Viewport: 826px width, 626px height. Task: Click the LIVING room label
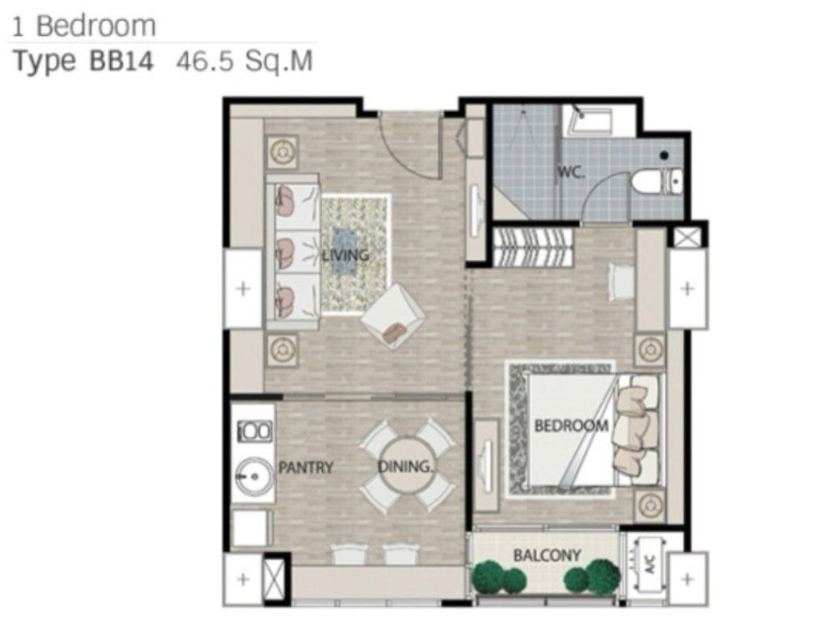[345, 255]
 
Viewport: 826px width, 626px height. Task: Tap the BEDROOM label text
[572, 425]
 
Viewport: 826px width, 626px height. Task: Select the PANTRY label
[306, 467]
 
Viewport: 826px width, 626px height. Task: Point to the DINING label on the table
[405, 467]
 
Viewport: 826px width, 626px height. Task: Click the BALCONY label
[546, 555]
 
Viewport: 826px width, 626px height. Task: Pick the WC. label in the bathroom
[571, 172]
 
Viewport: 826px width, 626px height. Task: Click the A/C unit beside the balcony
[650, 567]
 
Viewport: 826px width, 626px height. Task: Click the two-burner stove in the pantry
[255, 431]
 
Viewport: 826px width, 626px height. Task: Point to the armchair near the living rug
[392, 316]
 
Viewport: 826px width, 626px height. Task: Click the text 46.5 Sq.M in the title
[244, 61]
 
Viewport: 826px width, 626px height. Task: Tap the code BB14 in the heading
[122, 61]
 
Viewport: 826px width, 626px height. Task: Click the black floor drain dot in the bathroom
[664, 155]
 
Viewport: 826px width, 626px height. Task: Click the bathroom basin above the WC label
[588, 120]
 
